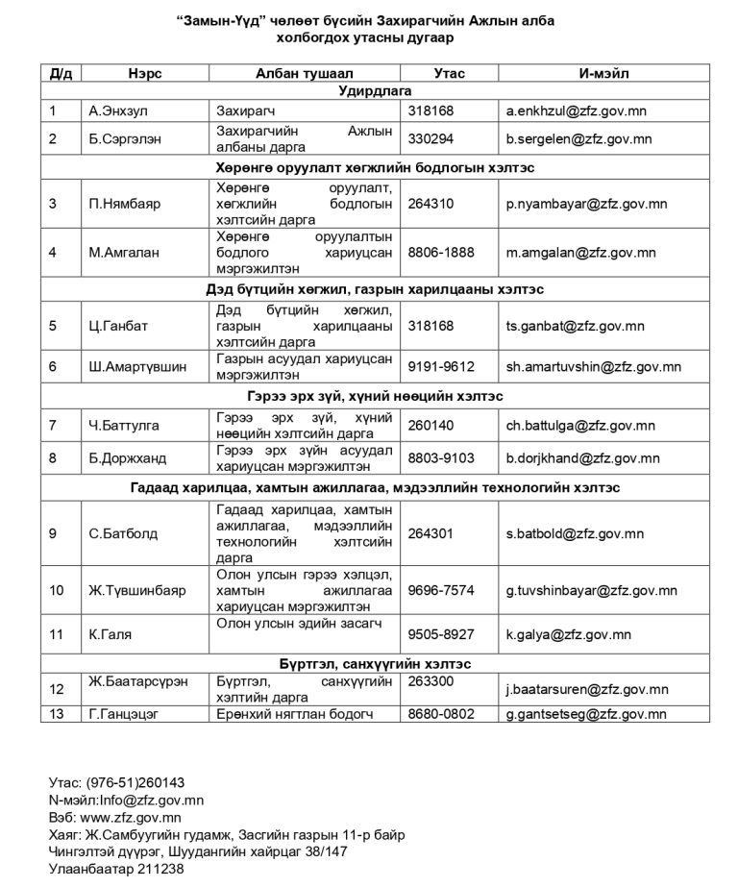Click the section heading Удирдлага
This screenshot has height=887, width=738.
coord(375,91)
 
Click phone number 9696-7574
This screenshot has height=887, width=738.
coord(441,590)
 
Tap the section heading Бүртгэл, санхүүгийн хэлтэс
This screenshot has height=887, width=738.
coord(375,663)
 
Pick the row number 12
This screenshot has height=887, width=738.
coord(57,688)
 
